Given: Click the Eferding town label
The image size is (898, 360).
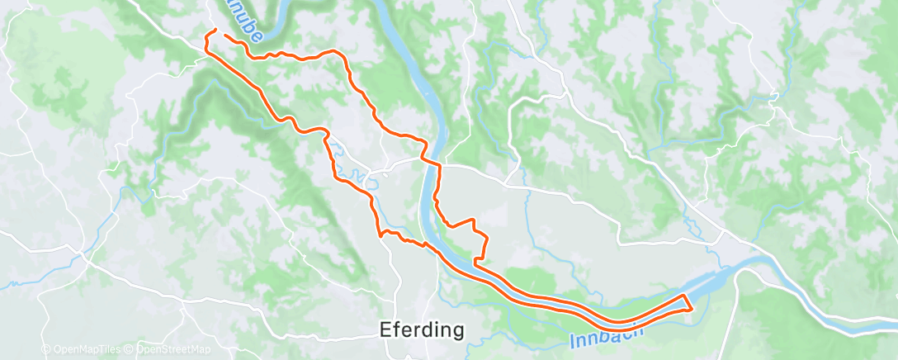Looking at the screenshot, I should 421,329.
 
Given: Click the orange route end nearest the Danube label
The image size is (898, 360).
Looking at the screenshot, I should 224,36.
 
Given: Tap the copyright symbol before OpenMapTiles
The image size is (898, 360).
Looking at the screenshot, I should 46,349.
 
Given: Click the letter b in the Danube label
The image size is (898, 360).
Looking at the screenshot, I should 246,27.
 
